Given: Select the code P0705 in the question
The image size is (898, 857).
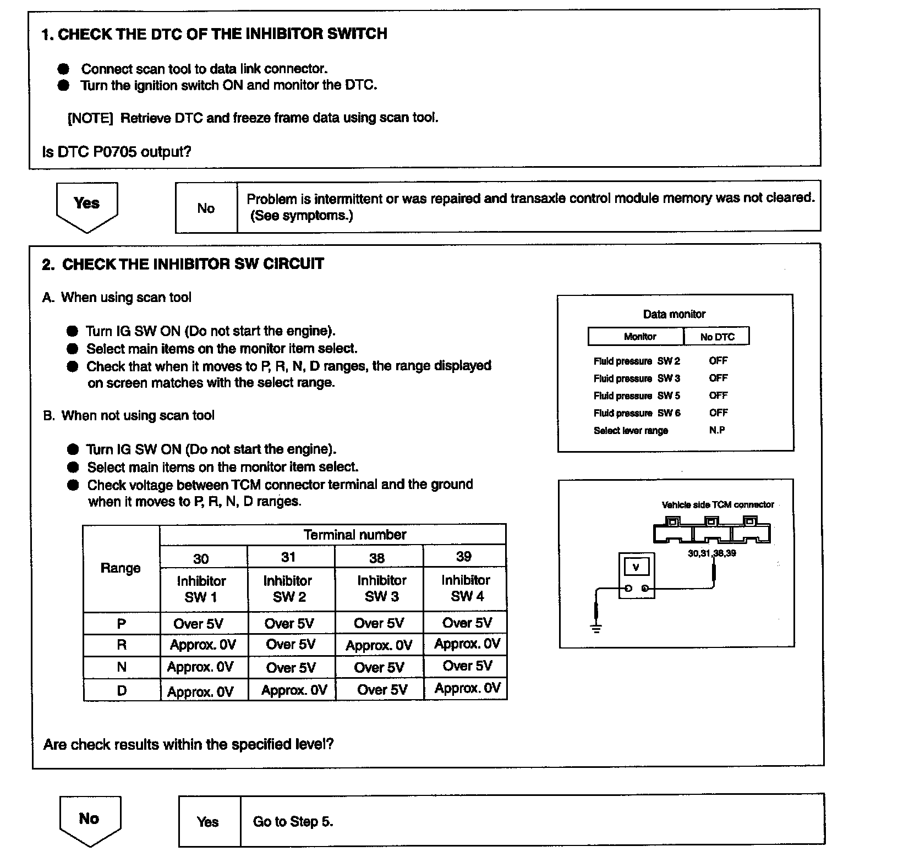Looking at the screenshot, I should pos(114,152).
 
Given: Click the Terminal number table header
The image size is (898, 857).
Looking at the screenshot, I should pos(354,535).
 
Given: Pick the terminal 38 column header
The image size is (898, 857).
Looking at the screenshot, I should pos(377,558).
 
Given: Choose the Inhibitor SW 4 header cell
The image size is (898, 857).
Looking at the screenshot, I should pos(466,588).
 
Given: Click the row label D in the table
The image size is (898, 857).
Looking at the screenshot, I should pos(122,690).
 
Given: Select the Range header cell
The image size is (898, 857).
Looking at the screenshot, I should pos(121,568).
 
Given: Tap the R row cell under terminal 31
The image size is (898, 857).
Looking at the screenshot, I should pos(291,645).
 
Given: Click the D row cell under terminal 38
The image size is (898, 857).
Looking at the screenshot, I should pos(382,690).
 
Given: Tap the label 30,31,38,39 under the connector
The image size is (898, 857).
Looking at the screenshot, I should pos(711,553).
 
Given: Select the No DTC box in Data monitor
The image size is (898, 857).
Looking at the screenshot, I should pos(717,337).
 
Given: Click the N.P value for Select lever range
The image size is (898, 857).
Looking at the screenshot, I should pos(717,430).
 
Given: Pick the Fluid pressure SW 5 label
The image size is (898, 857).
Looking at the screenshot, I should pos(637,396).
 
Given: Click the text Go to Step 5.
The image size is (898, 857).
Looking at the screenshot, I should pos(293,822).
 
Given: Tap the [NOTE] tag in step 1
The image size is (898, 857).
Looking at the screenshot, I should pos(90,118).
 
